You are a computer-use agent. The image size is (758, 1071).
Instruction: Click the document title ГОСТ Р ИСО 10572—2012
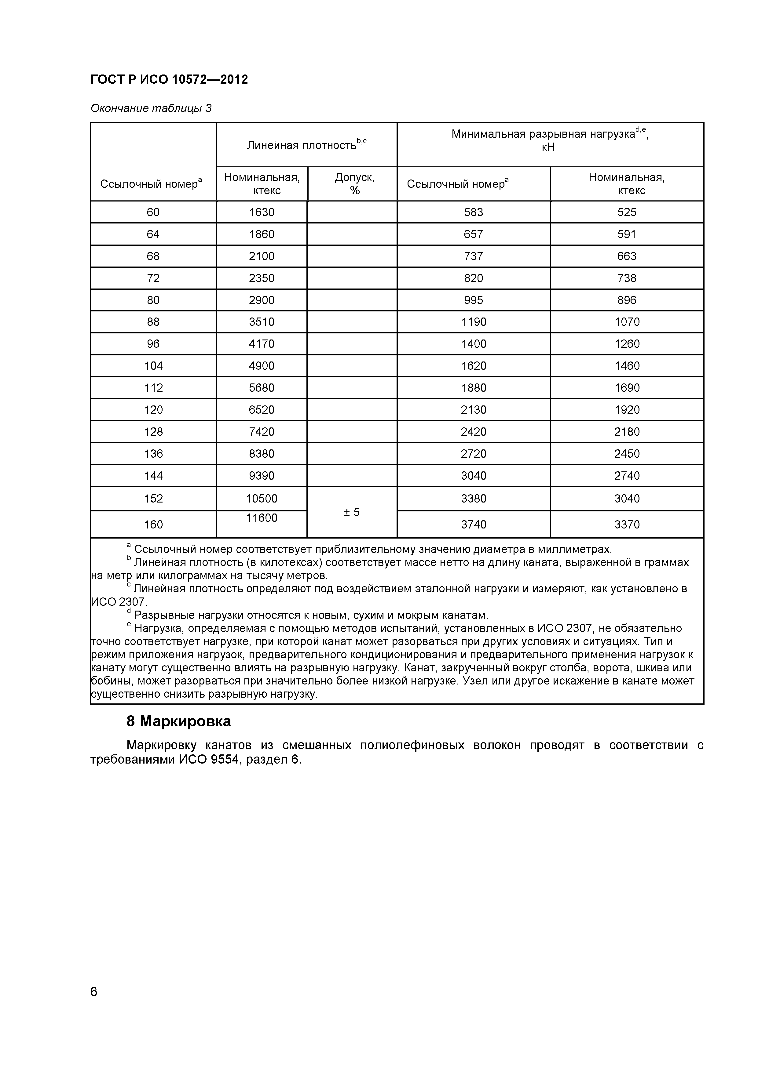coord(169,80)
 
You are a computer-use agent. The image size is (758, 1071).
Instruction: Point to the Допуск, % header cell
coord(354,184)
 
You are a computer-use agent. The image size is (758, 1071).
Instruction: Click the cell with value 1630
coord(262,212)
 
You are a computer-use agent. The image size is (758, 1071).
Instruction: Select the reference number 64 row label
coord(153,234)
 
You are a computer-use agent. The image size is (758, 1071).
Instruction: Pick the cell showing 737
coord(473,256)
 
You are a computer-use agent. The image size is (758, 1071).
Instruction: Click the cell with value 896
coord(626,300)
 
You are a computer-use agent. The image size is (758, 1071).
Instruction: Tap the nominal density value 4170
coord(262,344)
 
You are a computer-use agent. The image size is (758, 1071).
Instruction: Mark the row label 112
coord(153,388)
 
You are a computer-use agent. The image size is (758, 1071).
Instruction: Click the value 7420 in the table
coord(262,431)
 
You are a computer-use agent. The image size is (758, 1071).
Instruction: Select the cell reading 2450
coord(626,453)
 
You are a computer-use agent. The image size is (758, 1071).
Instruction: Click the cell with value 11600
coord(262,518)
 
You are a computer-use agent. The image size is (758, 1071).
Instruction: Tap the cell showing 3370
coord(626,525)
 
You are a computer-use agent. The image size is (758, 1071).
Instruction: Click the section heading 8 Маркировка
coord(178,722)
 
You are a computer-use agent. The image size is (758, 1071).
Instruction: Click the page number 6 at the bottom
coord(94,992)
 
